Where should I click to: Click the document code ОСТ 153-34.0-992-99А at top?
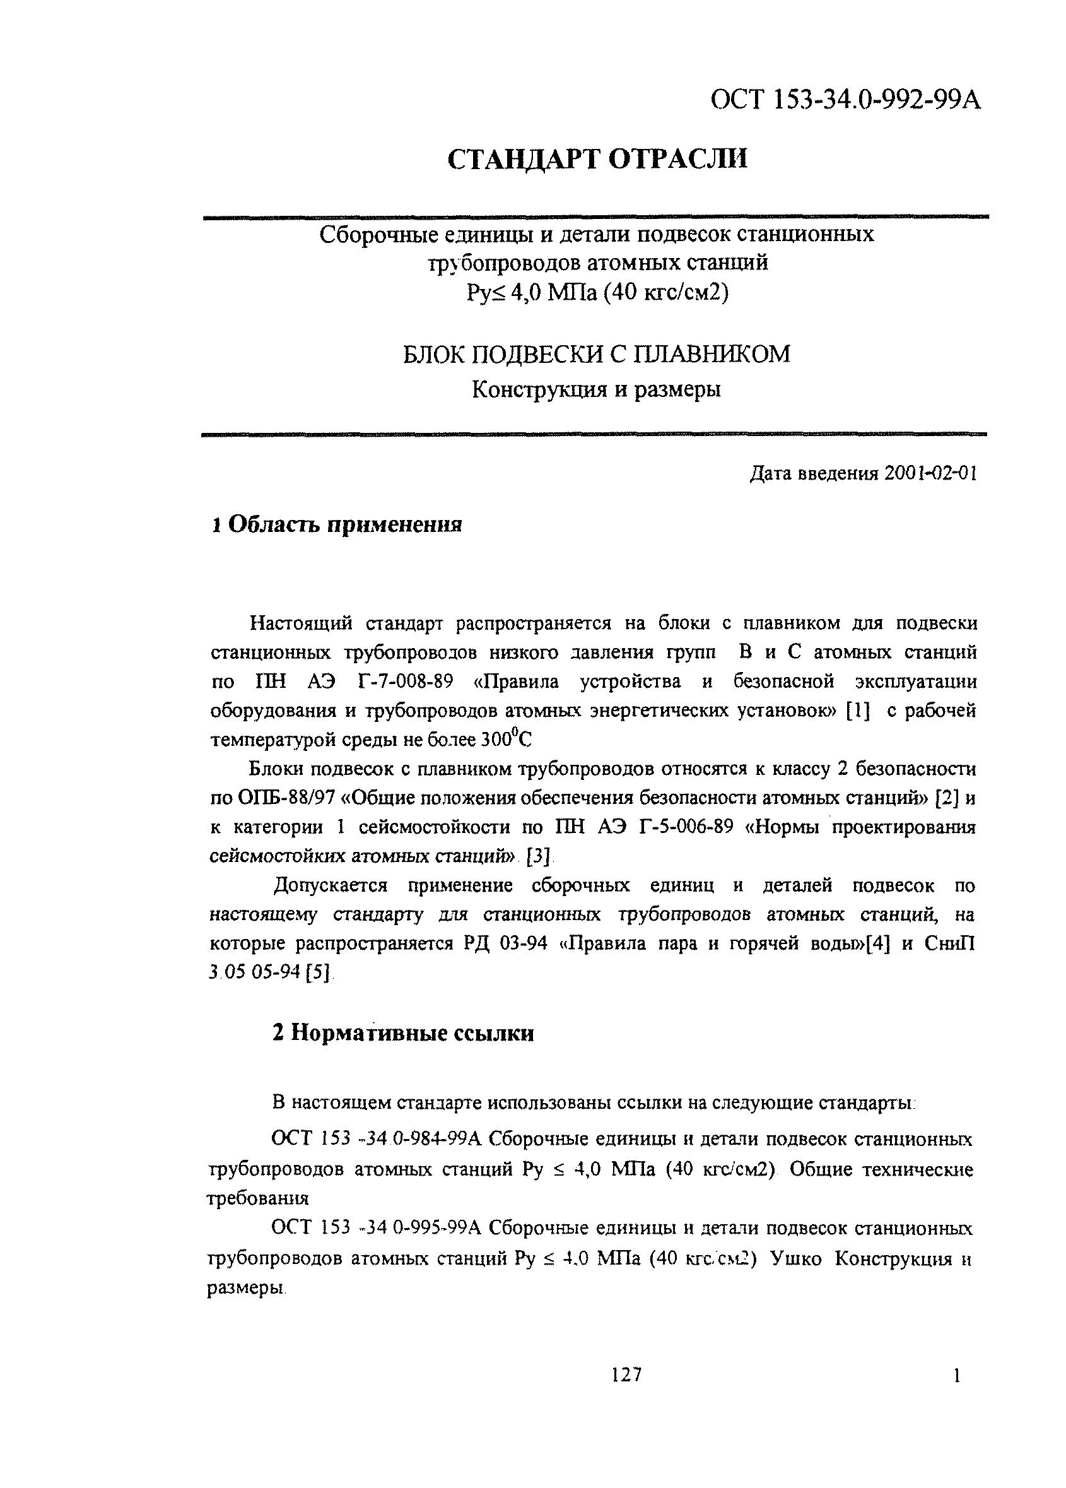pyautogui.click(x=846, y=101)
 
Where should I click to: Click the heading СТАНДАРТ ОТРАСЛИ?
pyautogui.click(x=597, y=160)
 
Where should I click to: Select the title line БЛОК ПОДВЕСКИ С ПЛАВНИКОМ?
pyautogui.click(x=595, y=355)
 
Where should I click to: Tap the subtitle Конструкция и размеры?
pyautogui.click(x=595, y=391)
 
